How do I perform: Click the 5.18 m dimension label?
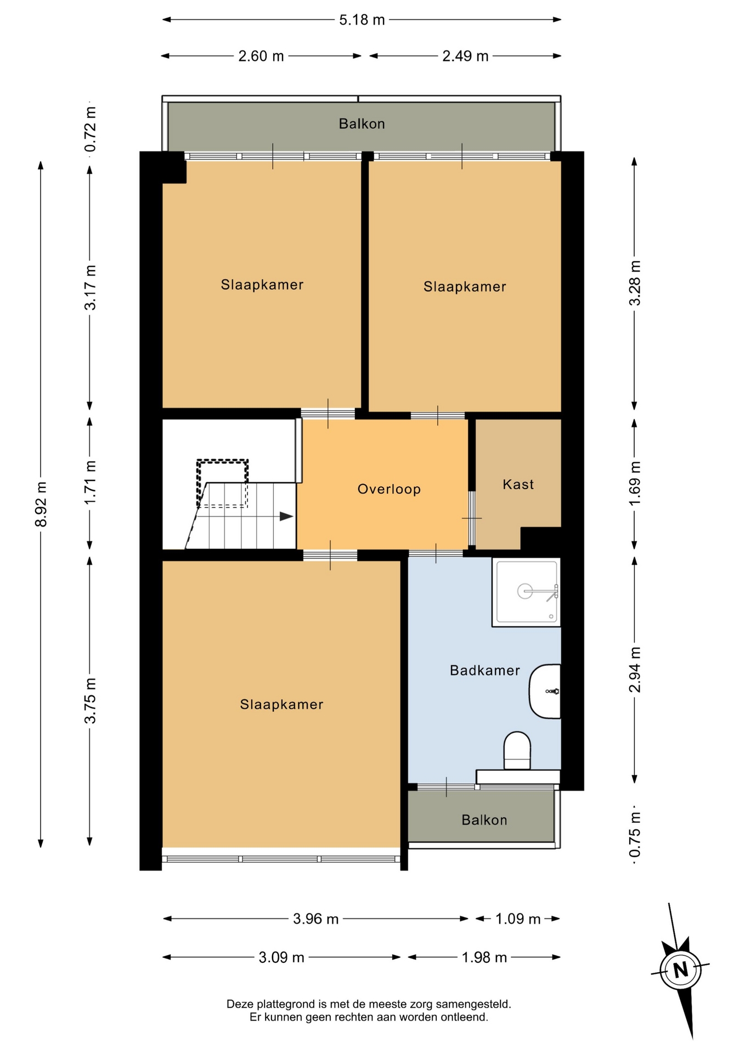(x=362, y=20)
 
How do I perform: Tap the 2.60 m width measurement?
(x=261, y=56)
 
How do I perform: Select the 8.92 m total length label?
(x=41, y=504)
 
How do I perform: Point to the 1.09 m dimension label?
(x=518, y=919)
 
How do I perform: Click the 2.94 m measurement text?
(x=635, y=670)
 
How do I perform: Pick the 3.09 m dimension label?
(x=281, y=957)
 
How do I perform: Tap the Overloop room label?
(x=389, y=489)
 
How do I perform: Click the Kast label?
(x=518, y=484)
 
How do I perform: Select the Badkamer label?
(x=485, y=670)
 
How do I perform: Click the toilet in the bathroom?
(x=517, y=750)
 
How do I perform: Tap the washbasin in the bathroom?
(x=545, y=691)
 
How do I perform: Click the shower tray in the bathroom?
(x=526, y=592)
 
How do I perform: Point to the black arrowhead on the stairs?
(x=286, y=517)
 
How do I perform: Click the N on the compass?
(x=681, y=970)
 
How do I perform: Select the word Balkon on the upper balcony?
(x=362, y=124)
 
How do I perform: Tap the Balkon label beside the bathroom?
(x=484, y=820)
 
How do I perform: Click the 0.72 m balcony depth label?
(x=90, y=129)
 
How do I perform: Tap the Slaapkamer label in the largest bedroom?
(x=281, y=704)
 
